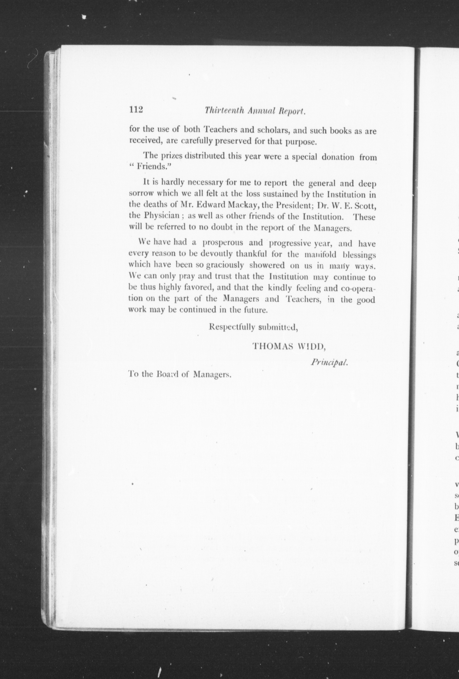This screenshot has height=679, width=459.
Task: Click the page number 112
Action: click(136, 110)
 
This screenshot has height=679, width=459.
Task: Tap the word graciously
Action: click(225, 265)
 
